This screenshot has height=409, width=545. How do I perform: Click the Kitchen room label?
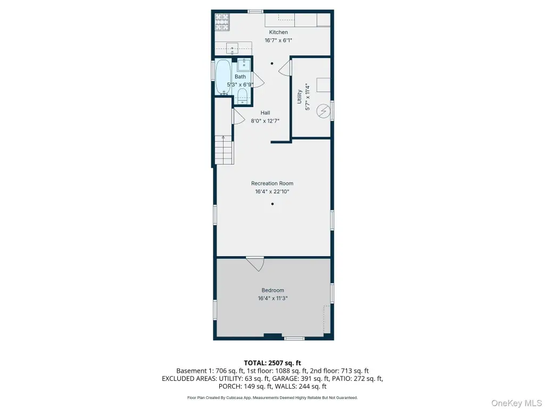tap(278, 32)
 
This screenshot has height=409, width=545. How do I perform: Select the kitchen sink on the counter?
tap(232, 48)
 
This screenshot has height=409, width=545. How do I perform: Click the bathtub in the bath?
tap(223, 77)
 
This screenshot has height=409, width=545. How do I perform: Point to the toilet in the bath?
tap(242, 96)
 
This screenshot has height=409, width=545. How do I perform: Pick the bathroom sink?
tap(244, 65)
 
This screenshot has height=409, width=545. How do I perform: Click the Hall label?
tap(265, 113)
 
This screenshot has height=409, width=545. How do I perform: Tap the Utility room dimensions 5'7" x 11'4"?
tap(307, 97)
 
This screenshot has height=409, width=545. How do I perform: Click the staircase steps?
tap(223, 150)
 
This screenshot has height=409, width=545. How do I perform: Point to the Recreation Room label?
tap(272, 183)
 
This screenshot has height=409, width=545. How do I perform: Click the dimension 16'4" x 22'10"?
tap(272, 191)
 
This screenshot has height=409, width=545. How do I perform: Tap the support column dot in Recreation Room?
tap(272, 204)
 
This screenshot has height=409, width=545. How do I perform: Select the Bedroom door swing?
tap(256, 264)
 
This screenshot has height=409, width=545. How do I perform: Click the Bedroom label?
tap(273, 290)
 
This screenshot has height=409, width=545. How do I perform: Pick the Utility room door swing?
tap(285, 68)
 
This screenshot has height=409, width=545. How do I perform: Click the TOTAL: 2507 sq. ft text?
tap(272, 363)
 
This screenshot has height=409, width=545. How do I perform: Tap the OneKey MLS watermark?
tap(516, 403)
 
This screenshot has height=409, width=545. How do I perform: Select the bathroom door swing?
tap(258, 80)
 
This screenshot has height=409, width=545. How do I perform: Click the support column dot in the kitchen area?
tap(272, 63)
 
